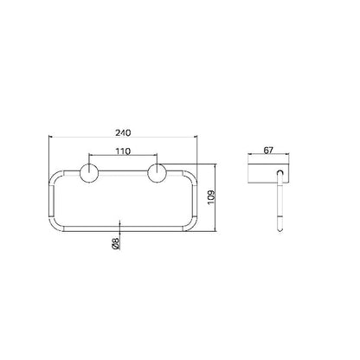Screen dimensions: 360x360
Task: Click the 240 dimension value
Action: (123, 132)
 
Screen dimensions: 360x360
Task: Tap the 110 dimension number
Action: (123, 151)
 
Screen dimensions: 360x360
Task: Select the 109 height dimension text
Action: (212, 197)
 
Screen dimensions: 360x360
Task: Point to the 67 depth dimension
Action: (268, 150)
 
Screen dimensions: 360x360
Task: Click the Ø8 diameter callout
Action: (115, 243)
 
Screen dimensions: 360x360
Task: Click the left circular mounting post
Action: (89, 173)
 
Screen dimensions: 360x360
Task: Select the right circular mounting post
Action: (157, 173)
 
